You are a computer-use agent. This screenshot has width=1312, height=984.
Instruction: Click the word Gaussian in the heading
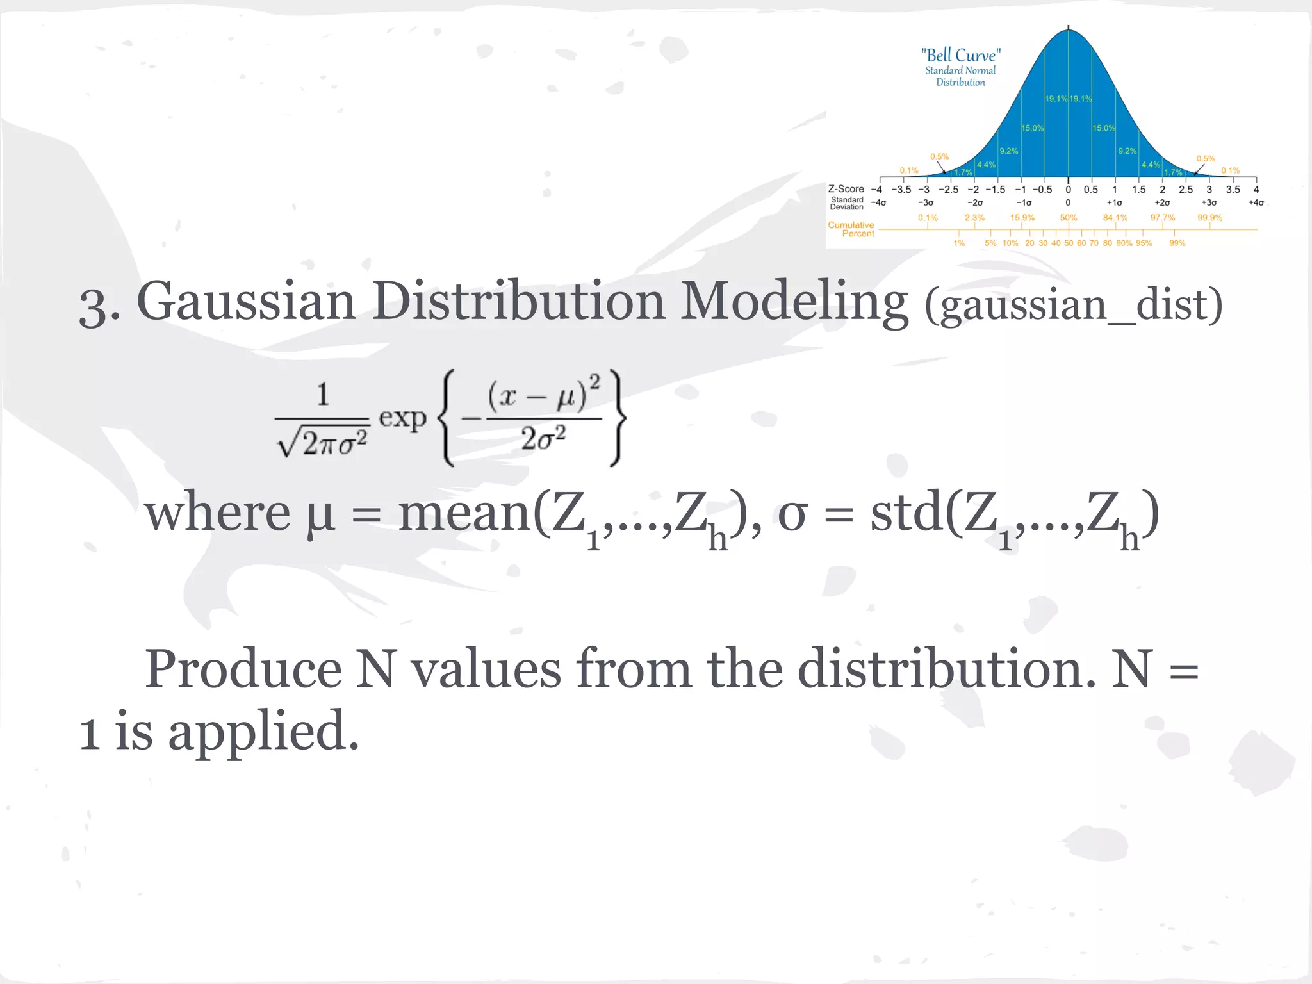[246, 302]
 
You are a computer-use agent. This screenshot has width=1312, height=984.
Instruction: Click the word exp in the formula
[402, 418]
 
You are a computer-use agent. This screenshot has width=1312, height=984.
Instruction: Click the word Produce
[243, 669]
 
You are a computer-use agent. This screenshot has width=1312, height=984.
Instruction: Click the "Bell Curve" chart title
[960, 56]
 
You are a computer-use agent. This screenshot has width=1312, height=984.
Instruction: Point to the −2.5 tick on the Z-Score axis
[949, 190]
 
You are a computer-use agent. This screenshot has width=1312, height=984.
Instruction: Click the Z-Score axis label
[846, 189]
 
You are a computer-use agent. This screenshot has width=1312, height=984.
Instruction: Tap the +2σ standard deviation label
[1162, 202]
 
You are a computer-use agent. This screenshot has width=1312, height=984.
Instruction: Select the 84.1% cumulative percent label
[1115, 218]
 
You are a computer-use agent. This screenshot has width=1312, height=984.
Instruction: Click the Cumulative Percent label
[851, 229]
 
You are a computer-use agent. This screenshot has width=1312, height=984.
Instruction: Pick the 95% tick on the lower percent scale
[1144, 243]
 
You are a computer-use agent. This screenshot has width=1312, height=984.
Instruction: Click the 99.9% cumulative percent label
[1209, 218]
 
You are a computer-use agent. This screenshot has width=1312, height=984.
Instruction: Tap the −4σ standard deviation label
[879, 202]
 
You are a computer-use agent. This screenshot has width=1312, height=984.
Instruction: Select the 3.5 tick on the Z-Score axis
[1233, 190]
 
